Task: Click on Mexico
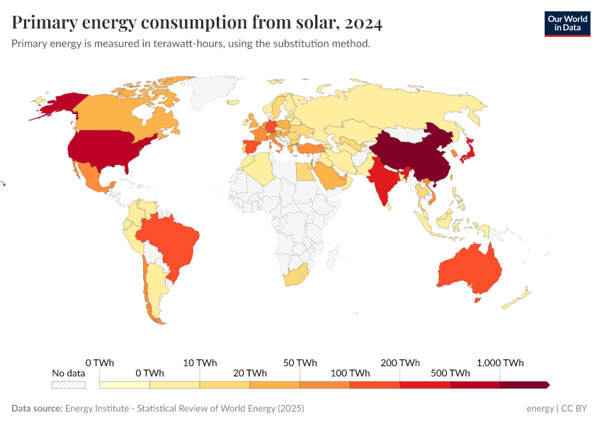pos(92,177)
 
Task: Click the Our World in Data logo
pos(567,23)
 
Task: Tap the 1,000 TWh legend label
pos(500,363)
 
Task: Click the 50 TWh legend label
pos(300,363)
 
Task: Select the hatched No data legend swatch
pos(68,385)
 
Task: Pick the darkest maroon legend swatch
pos(524,385)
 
